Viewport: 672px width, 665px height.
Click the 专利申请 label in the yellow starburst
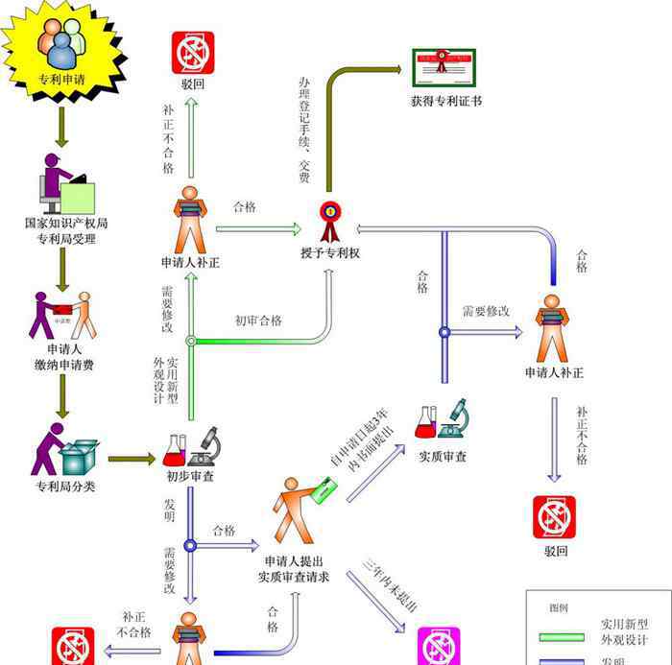[x=60, y=80]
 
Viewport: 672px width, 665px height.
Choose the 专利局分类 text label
[x=65, y=487]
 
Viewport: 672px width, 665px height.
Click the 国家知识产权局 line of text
[x=65, y=223]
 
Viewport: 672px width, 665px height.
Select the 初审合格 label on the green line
[x=258, y=321]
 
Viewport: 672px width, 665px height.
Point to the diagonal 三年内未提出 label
[x=391, y=584]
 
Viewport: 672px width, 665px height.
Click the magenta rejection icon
[x=439, y=646]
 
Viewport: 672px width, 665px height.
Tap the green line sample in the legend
[x=563, y=635]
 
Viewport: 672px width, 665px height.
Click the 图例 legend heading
[x=559, y=607]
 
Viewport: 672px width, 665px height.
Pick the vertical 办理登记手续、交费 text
[x=304, y=131]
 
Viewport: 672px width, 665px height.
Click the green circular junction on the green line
[x=190, y=340]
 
